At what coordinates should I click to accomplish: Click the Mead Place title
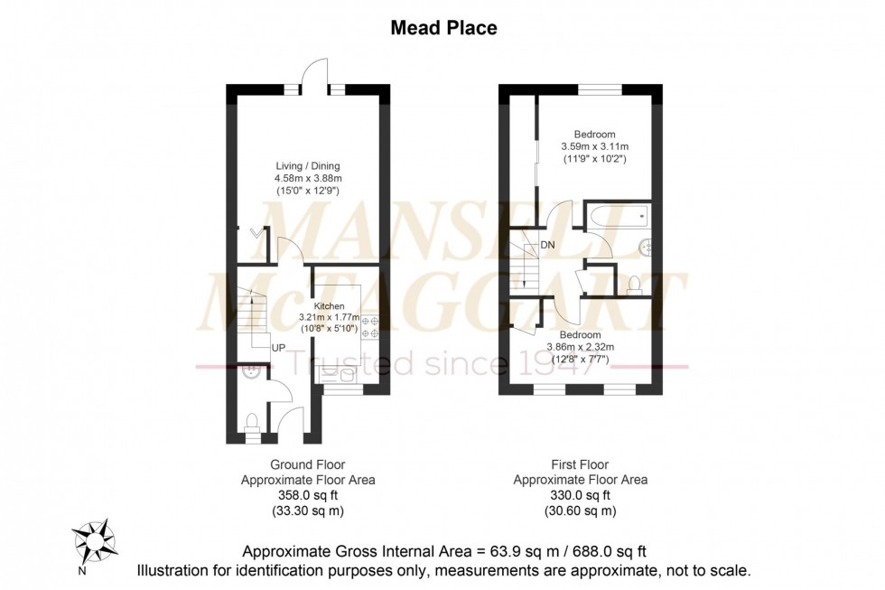pyautogui.click(x=442, y=28)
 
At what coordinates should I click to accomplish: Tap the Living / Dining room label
pyautogui.click(x=308, y=165)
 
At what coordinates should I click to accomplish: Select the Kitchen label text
pyautogui.click(x=329, y=306)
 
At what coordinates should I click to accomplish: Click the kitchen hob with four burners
pyautogui.click(x=369, y=327)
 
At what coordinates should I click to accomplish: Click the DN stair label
pyautogui.click(x=548, y=245)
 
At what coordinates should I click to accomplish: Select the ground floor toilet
pyautogui.click(x=252, y=420)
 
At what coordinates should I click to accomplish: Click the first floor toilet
pyautogui.click(x=633, y=285)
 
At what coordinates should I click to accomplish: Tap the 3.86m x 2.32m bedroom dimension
pyautogui.click(x=580, y=347)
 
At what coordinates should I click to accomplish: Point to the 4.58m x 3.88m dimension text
pyautogui.click(x=308, y=178)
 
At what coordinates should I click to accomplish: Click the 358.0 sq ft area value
pyautogui.click(x=308, y=495)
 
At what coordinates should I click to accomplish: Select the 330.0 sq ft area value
pyautogui.click(x=580, y=495)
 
